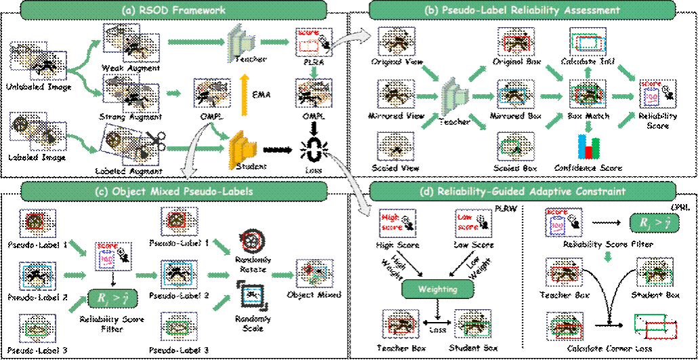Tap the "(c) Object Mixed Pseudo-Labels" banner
174,191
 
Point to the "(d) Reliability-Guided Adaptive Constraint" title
522,191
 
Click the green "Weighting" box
437,289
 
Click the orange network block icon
241,146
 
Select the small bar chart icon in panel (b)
589,145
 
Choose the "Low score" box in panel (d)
473,221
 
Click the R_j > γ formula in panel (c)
110,298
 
